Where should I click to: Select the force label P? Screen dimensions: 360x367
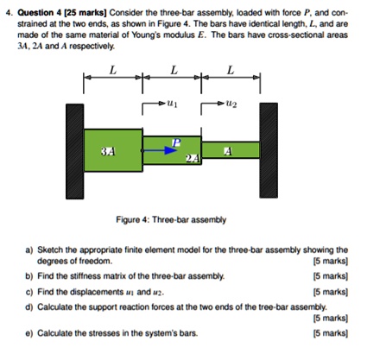176,142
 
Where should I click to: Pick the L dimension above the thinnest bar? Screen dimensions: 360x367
230,72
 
